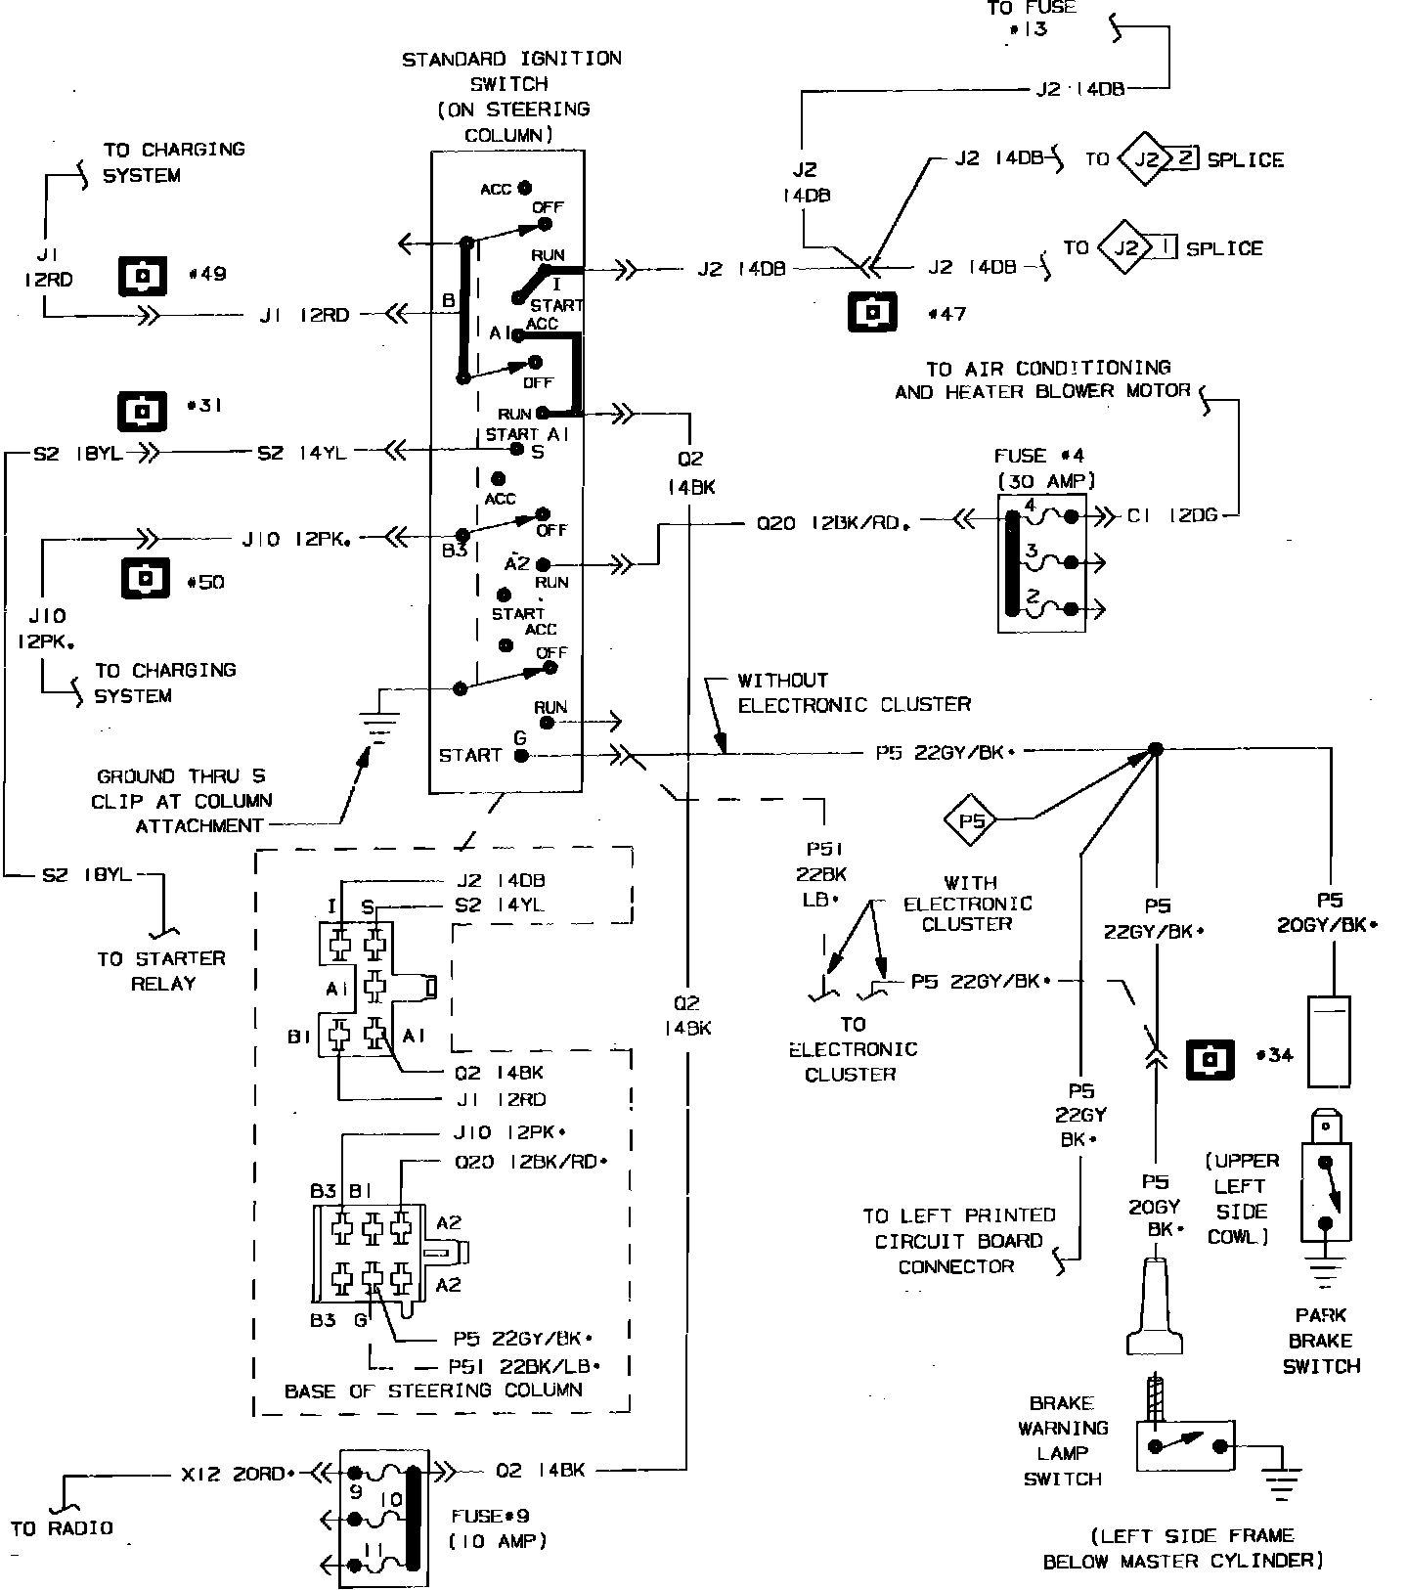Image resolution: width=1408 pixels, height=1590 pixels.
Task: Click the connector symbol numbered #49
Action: [x=144, y=276]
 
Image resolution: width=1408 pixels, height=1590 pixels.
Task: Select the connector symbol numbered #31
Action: [x=144, y=410]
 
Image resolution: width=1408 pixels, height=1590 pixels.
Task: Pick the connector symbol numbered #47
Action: [x=873, y=313]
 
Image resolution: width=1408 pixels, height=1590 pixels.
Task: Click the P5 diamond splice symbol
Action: [x=971, y=820]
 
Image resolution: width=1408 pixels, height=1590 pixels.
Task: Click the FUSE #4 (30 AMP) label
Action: [x=1045, y=467]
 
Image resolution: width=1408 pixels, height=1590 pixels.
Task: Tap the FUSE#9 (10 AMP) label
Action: [x=497, y=1528]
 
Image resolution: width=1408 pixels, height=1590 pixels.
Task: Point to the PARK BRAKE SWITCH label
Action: [x=1321, y=1341]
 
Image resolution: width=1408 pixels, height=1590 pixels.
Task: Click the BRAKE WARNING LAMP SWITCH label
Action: [x=1063, y=1440]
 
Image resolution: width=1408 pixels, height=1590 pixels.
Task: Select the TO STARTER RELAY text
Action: [x=161, y=971]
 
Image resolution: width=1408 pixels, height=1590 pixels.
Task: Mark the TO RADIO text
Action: [x=62, y=1527]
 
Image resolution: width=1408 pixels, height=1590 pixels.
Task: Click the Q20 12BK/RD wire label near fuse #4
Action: [x=833, y=523]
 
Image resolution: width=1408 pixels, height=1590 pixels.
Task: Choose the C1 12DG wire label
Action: [x=1171, y=515]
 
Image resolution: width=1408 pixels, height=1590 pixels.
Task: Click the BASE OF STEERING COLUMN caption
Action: [x=433, y=1390]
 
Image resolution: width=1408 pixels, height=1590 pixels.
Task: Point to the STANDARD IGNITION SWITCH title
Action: [x=511, y=96]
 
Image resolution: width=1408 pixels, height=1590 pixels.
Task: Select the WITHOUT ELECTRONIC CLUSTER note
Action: [x=854, y=692]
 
